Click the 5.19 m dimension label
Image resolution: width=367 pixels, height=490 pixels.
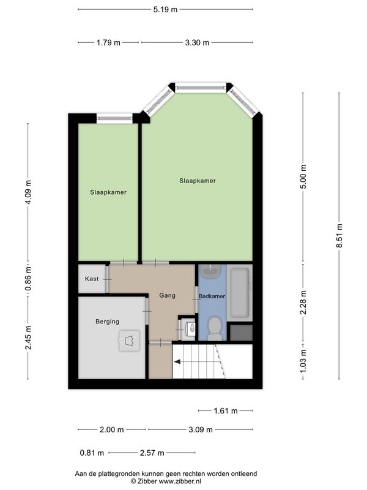pyautogui.click(x=165, y=9)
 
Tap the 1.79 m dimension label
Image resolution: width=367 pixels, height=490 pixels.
pyautogui.click(x=108, y=42)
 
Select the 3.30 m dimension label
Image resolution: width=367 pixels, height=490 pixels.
pyautogui.click(x=197, y=42)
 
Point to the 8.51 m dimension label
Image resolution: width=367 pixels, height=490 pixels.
pyautogui.click(x=339, y=236)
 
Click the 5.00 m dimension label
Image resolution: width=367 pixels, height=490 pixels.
pyautogui.click(x=303, y=176)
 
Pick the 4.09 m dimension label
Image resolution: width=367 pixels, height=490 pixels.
pyautogui.click(x=28, y=192)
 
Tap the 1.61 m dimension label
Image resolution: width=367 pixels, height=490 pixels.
pyautogui.click(x=226, y=410)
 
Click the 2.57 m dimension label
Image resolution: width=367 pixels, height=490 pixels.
pyautogui.click(x=152, y=453)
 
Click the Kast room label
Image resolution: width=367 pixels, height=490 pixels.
pyautogui.click(x=92, y=279)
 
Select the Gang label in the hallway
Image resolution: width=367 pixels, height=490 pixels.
pyautogui.click(x=167, y=295)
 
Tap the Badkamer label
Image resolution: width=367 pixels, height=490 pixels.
pyautogui.click(x=212, y=296)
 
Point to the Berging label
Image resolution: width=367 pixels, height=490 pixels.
pyautogui.click(x=108, y=322)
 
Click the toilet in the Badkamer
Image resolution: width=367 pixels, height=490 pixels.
pyautogui.click(x=214, y=329)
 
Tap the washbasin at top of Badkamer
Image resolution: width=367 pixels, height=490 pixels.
pyautogui.click(x=210, y=271)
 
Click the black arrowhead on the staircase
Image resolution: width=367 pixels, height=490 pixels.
pyautogui.click(x=177, y=362)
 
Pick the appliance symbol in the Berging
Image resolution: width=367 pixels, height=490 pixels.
pyautogui.click(x=129, y=341)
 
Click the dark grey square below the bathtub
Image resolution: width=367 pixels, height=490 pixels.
pyautogui.click(x=241, y=333)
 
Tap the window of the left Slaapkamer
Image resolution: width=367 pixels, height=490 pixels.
pyautogui.click(x=114, y=118)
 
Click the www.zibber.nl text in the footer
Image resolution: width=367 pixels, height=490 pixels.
pyautogui.click(x=180, y=481)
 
